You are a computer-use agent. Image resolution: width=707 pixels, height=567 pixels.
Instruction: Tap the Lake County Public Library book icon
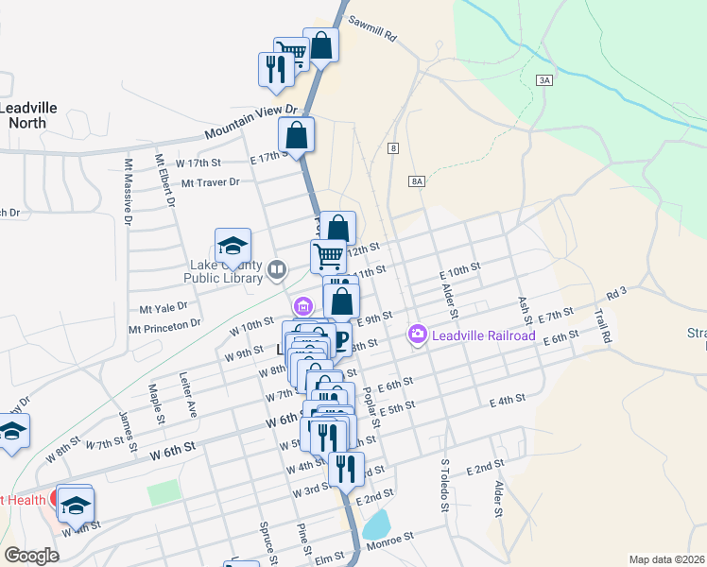tap(277, 271)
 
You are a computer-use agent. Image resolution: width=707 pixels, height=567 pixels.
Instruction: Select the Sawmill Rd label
tap(371, 29)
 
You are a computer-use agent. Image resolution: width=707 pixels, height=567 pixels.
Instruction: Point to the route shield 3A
tap(543, 81)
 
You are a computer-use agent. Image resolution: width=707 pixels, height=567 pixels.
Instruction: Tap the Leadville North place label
tap(27, 114)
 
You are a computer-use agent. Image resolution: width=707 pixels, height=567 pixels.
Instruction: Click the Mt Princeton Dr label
tap(165, 325)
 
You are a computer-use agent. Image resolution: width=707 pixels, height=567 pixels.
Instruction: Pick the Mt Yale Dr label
tap(164, 307)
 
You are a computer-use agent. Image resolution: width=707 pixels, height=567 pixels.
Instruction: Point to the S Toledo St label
tap(444, 486)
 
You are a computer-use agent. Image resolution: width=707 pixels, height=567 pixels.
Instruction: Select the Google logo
tap(31, 556)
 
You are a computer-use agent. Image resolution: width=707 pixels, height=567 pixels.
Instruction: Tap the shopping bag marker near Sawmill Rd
tap(321, 45)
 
